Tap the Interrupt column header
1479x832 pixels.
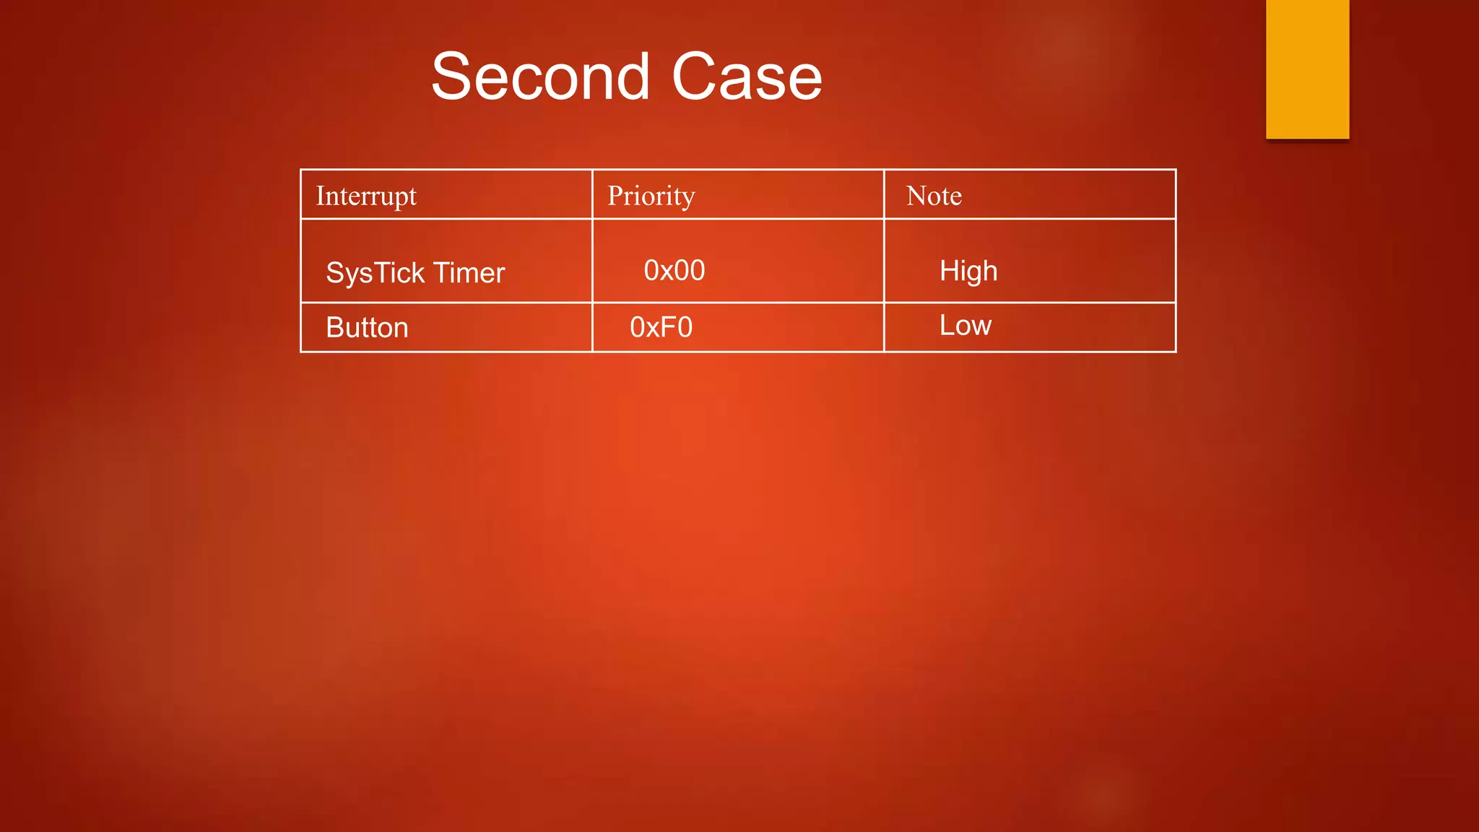click(366, 196)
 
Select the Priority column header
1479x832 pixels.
click(651, 196)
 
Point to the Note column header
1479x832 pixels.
click(934, 196)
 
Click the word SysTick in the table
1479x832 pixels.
click(375, 273)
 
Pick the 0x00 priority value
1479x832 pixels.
click(674, 271)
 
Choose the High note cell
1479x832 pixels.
click(968, 272)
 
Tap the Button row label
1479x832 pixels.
click(367, 328)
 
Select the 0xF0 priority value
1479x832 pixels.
click(661, 328)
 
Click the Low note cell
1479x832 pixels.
click(965, 326)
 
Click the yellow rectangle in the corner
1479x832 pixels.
click(1307, 69)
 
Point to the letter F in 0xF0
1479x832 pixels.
click(667, 328)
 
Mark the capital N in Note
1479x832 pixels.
click(916, 196)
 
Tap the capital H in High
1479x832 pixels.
click(948, 271)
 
